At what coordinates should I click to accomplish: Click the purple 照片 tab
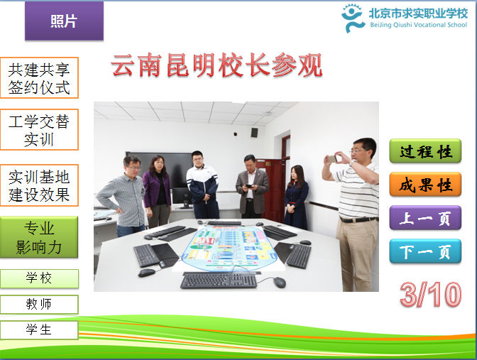(64, 21)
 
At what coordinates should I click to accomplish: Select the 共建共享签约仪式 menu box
(39, 78)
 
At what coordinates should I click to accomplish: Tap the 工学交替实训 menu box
(39, 130)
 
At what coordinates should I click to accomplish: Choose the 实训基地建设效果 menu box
(39, 185)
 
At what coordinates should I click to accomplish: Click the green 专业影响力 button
(39, 237)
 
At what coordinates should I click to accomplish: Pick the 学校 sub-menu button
(39, 278)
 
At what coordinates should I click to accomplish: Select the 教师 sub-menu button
(39, 305)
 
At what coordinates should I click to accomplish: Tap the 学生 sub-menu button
(39, 330)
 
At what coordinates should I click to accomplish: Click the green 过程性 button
(425, 151)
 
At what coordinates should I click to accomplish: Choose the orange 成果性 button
(425, 185)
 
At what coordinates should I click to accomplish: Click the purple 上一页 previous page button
(425, 218)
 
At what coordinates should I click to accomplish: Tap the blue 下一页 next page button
(425, 251)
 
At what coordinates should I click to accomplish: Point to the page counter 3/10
(430, 294)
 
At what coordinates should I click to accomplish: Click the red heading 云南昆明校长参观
(216, 65)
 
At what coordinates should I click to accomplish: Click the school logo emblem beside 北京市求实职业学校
(353, 18)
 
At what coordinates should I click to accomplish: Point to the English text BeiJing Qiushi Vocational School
(418, 25)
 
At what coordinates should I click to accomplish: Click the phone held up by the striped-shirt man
(331, 158)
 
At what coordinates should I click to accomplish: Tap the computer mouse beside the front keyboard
(279, 282)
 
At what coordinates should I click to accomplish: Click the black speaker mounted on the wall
(254, 132)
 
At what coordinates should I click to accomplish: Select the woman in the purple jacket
(157, 192)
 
